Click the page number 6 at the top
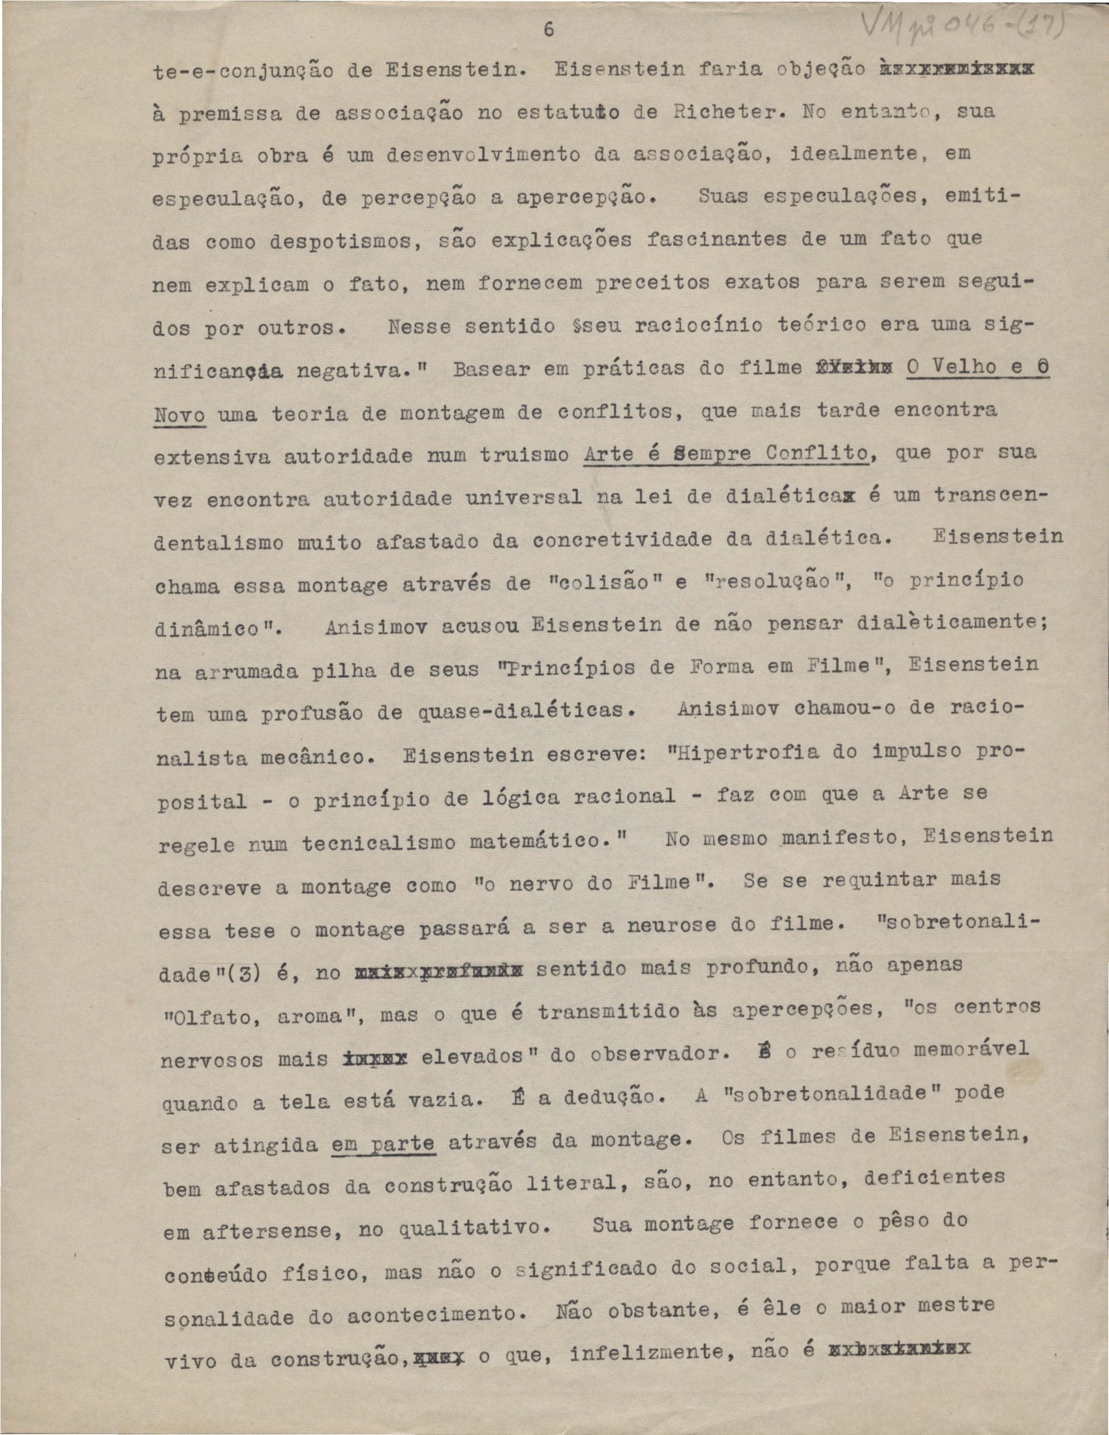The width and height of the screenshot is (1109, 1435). pyautogui.click(x=549, y=30)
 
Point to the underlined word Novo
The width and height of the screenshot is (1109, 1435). pyautogui.click(x=179, y=414)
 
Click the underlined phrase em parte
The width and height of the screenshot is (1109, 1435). pyautogui.click(x=383, y=1144)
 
